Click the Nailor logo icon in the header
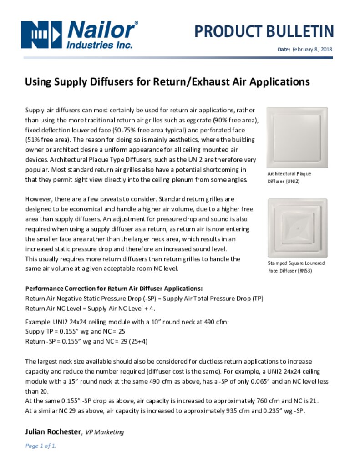(41, 33)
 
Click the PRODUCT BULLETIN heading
(264, 31)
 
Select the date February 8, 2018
(312, 49)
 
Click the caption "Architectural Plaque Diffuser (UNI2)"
(289, 177)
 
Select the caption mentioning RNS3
(296, 267)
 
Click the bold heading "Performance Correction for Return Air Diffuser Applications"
(114, 289)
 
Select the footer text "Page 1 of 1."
(41, 446)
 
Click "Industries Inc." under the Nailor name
(100, 45)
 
